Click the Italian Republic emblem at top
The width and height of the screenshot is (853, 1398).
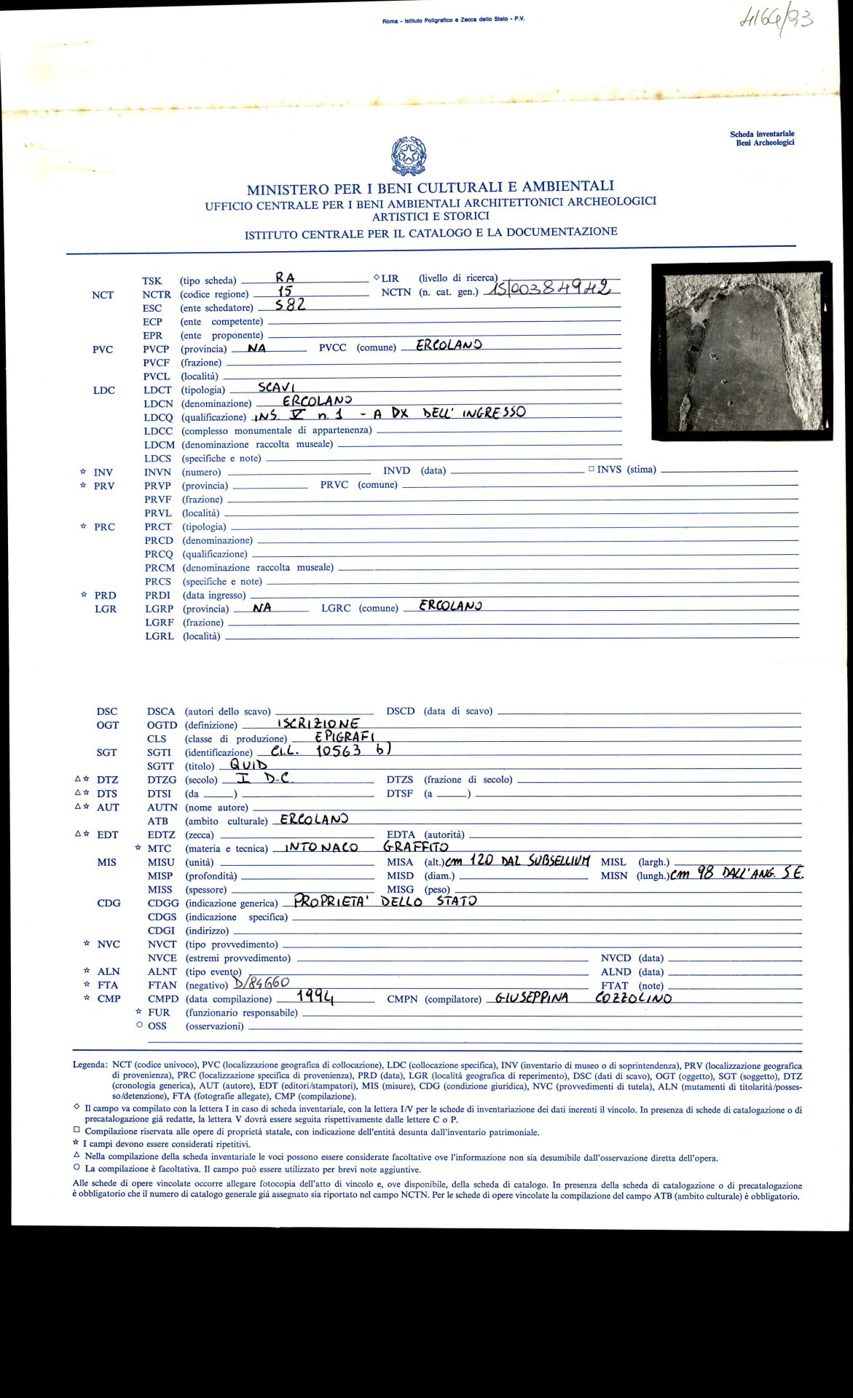(409, 156)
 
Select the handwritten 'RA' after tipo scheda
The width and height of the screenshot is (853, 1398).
(286, 277)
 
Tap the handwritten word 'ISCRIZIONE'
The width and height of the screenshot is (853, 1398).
(318, 723)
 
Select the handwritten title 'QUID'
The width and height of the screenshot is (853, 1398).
(249, 765)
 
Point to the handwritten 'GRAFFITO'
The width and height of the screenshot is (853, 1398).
(415, 847)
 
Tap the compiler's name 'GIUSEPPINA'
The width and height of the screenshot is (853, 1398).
(531, 998)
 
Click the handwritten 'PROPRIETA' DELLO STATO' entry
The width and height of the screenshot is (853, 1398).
(385, 901)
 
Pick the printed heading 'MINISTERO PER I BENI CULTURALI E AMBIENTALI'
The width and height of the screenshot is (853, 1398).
(430, 188)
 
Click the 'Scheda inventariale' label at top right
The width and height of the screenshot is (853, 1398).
(762, 134)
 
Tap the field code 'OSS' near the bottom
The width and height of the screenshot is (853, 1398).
(157, 1026)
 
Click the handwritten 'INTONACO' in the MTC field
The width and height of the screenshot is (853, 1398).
(321, 848)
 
